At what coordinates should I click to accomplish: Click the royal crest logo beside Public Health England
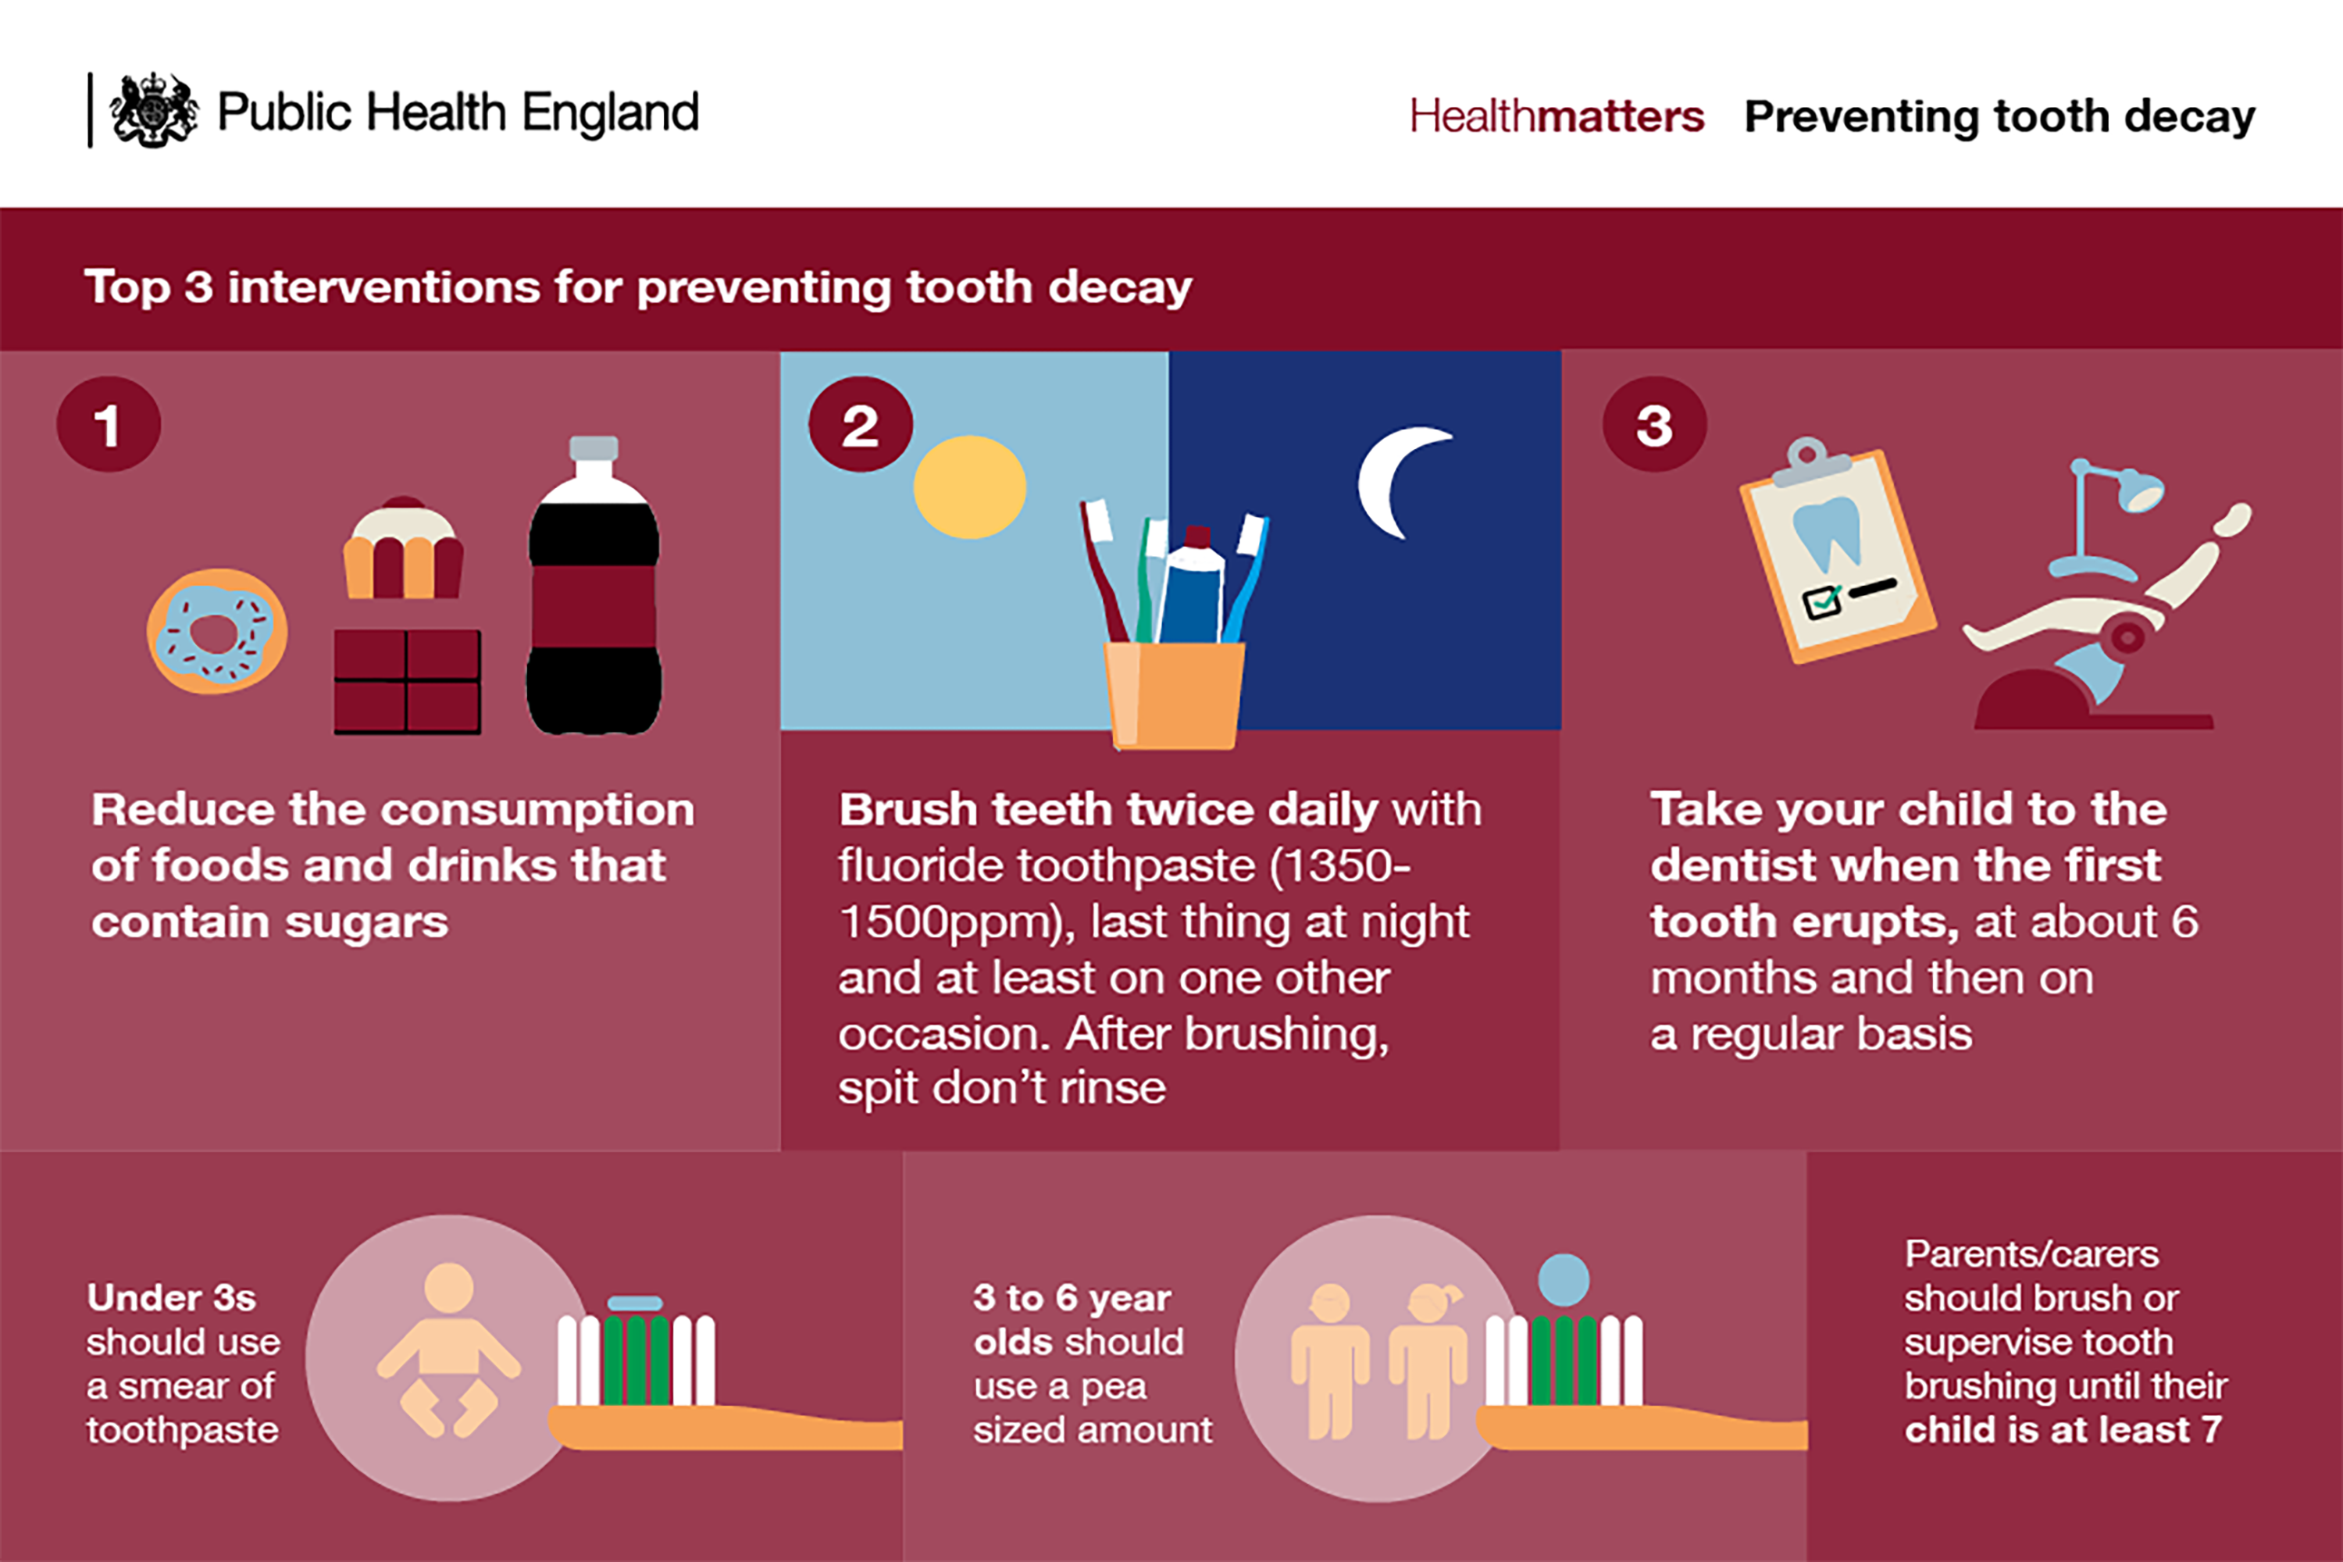coord(153,111)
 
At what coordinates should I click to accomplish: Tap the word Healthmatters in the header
coord(1556,116)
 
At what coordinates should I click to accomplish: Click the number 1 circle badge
coord(109,424)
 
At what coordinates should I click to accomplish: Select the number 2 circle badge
coord(861,424)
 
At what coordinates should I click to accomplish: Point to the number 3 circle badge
coord(1655,424)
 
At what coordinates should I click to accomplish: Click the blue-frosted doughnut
coord(217,632)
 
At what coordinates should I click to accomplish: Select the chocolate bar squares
coord(408,681)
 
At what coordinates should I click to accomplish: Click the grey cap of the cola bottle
coord(594,448)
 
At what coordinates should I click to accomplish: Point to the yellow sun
coord(970,487)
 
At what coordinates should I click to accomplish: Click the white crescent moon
coord(1395,482)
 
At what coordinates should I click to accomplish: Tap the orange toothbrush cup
coord(1175,695)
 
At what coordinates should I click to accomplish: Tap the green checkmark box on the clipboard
coord(1822,601)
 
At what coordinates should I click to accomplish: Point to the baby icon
coord(448,1350)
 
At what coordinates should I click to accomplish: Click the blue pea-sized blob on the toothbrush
coord(1563,1280)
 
